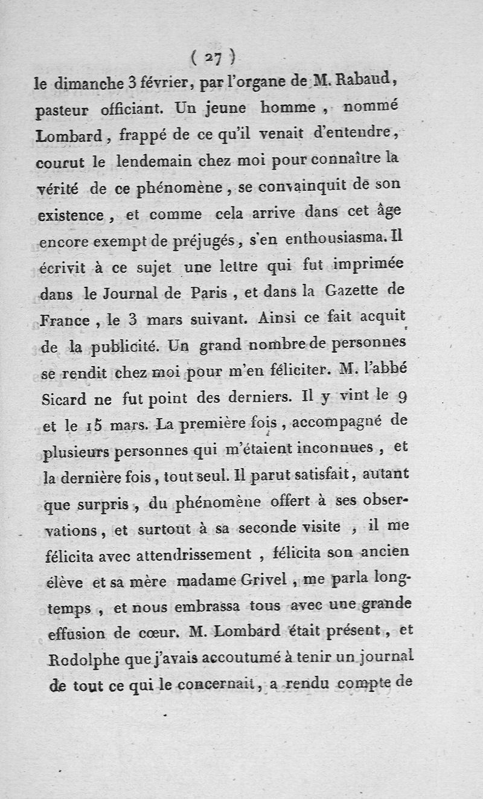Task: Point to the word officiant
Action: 127,111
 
